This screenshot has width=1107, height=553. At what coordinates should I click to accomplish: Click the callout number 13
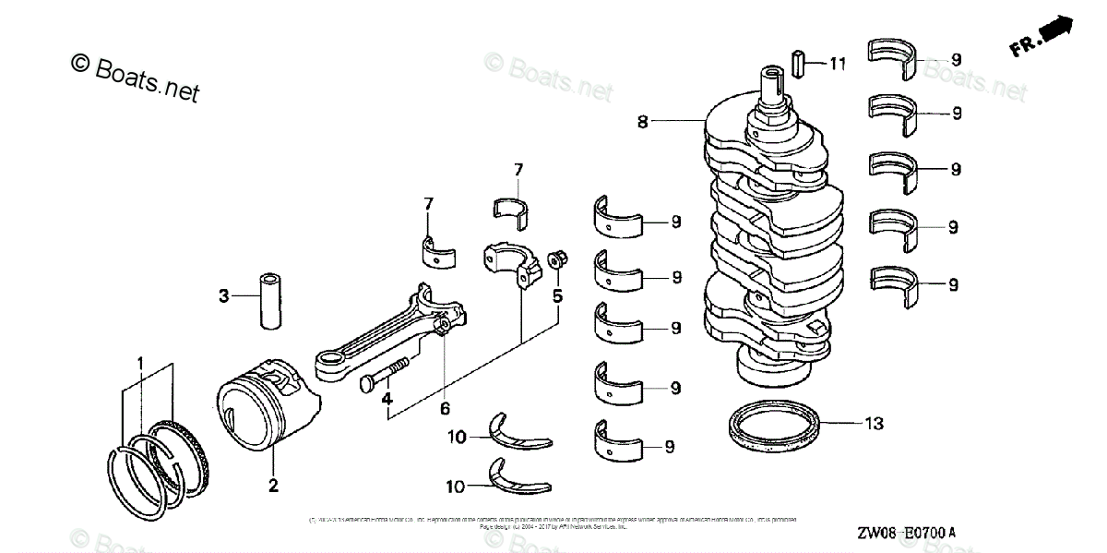874,424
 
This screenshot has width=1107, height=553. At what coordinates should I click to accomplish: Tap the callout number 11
837,64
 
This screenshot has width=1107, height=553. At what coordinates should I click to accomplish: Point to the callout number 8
644,120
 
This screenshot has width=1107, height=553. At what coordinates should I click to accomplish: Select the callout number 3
223,296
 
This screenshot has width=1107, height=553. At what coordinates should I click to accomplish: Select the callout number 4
387,400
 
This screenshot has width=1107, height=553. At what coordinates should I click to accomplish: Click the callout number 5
557,295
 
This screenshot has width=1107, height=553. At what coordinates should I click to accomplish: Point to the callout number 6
444,406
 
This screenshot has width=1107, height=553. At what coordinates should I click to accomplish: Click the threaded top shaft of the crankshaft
772,88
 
